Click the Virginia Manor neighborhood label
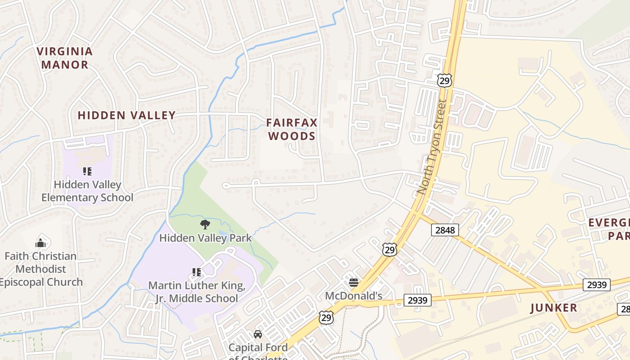[65, 58]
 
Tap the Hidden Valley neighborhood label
[126, 115]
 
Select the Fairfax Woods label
[292, 129]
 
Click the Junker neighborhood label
[553, 308]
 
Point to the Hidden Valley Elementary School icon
[87, 171]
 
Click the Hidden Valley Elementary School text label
[87, 191]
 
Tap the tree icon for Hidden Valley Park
[205, 224]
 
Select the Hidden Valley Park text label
[205, 238]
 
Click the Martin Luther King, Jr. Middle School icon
[197, 272]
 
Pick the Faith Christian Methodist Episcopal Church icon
[40, 243]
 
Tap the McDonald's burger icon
[354, 283]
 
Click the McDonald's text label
[354, 296]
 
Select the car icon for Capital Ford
[258, 334]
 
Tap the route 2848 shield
[445, 230]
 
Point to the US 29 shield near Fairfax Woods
[444, 81]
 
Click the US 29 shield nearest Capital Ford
[327, 317]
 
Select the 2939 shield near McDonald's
[418, 300]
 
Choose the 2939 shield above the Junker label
[597, 284]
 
